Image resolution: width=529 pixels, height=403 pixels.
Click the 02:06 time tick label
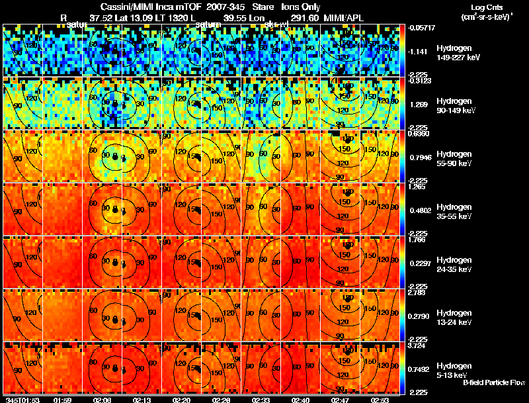coord(102,400)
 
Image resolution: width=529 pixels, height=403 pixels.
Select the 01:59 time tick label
coord(62,400)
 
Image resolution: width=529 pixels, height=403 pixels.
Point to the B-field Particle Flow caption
coord(493,382)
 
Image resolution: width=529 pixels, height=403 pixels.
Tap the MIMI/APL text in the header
coord(345,19)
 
